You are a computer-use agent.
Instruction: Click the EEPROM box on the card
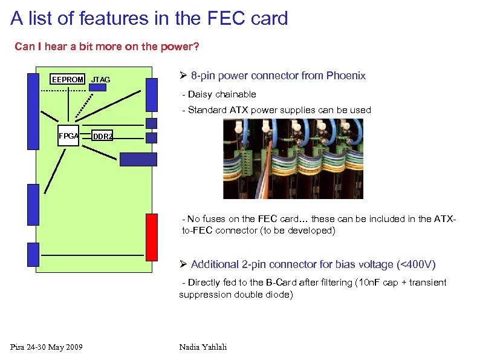(68, 80)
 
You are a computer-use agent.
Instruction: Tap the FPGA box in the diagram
(68, 136)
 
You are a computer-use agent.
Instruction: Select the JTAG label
(100, 80)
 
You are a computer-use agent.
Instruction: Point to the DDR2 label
(102, 137)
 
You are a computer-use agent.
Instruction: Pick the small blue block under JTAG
(97, 87)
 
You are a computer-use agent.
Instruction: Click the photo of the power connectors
(293, 159)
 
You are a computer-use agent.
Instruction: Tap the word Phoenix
(346, 76)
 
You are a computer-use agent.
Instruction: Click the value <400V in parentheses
(416, 264)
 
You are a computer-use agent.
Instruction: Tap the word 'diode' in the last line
(279, 295)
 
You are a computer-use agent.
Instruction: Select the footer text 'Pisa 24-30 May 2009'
(47, 347)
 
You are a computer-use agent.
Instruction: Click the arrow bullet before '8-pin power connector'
(184, 76)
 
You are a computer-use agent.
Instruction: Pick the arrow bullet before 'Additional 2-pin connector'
(184, 264)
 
